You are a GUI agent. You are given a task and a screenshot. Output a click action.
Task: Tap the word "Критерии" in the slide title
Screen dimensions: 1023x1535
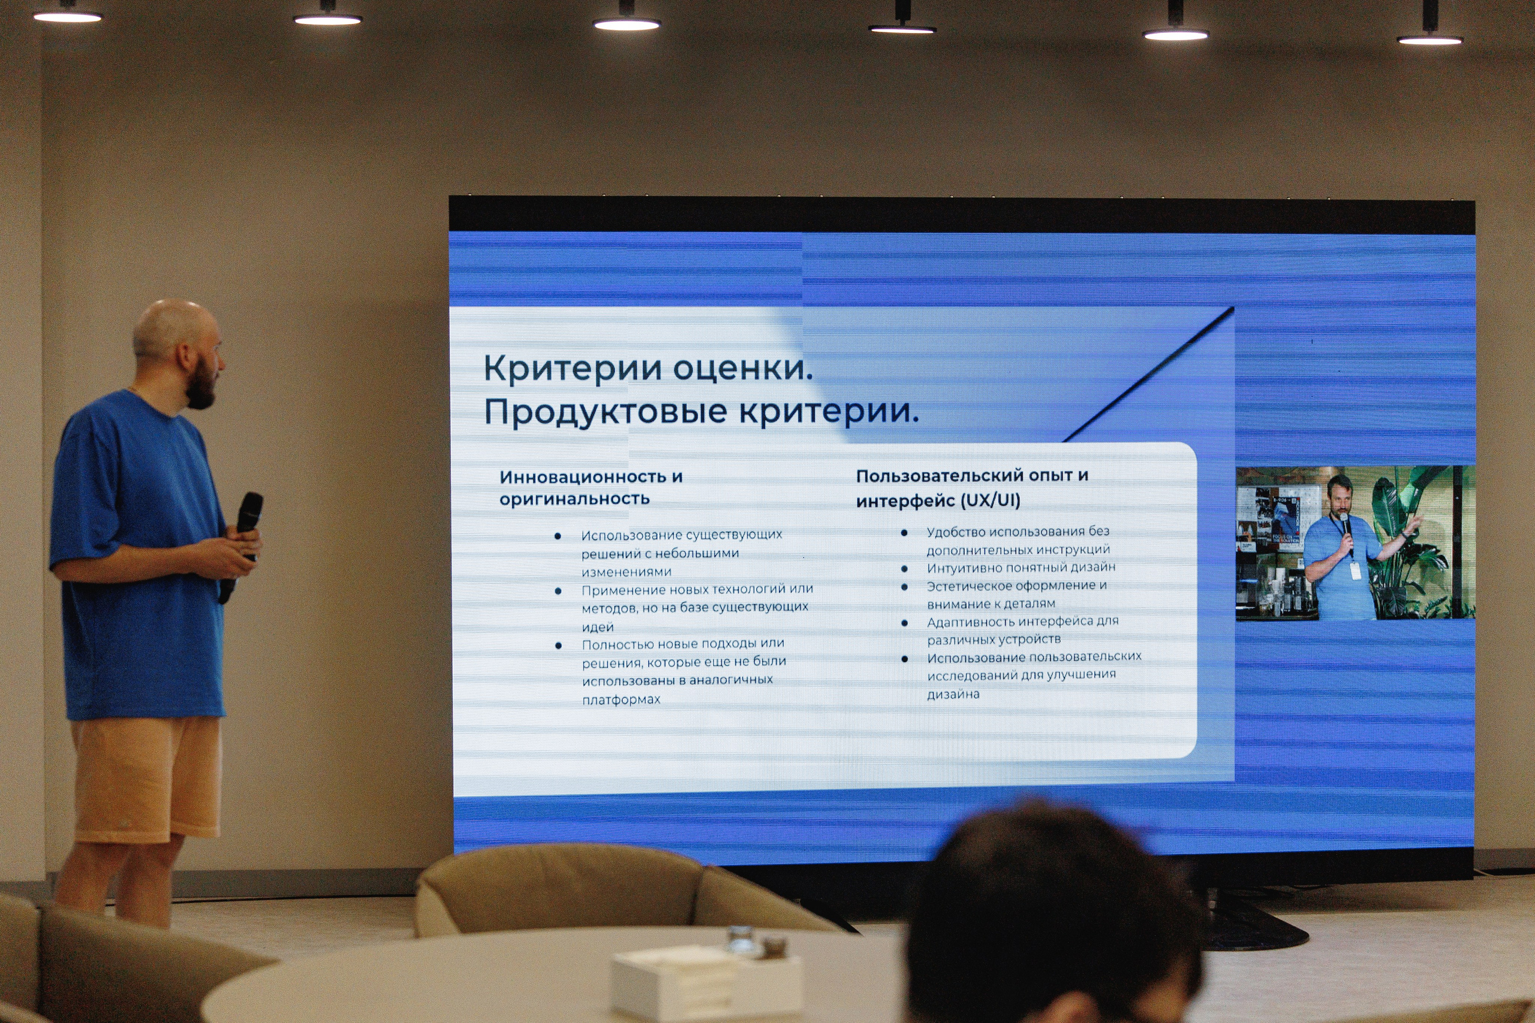click(x=573, y=368)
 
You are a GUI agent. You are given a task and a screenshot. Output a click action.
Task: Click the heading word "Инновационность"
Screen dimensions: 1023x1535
click(x=582, y=477)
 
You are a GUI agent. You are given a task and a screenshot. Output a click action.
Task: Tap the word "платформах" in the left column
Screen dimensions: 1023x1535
click(x=621, y=699)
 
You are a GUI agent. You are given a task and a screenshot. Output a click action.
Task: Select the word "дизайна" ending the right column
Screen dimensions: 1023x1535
click(x=953, y=694)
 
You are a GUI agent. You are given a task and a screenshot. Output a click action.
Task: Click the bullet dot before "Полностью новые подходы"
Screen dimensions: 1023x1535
click(x=559, y=645)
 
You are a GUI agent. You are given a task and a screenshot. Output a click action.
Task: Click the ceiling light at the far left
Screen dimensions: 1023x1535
click(x=67, y=16)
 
